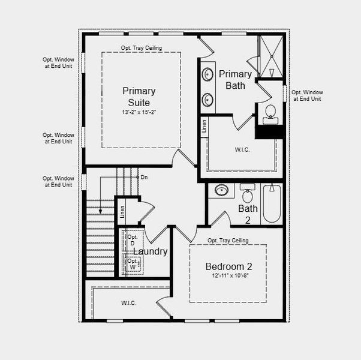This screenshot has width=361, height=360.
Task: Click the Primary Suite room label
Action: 139,97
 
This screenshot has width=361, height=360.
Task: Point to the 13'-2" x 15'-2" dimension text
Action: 139,112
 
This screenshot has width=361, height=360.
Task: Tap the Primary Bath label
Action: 235,79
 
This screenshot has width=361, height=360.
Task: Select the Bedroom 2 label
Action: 228,266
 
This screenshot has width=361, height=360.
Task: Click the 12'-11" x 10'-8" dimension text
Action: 228,276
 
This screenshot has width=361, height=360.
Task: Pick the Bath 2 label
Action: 248,214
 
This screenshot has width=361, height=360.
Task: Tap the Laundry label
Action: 150,251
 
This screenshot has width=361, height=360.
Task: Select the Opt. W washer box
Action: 133,264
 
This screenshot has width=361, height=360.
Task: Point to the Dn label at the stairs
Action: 144,177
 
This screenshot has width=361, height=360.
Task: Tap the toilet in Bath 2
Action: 247,195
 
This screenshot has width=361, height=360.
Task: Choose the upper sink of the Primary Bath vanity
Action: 208,75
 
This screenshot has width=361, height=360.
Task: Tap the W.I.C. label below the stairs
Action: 128,303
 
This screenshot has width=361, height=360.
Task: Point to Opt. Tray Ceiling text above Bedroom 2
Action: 228,241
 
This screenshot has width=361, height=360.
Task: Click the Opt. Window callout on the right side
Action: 306,95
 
